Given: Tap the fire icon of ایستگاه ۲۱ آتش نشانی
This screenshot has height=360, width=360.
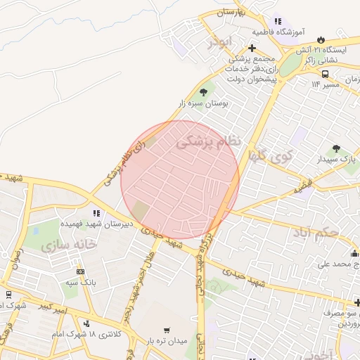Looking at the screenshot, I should tap(322, 39).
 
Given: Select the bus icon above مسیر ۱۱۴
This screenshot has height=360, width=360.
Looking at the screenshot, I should tap(325, 73).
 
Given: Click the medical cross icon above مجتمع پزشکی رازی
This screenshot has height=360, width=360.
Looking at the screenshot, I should tap(252, 49).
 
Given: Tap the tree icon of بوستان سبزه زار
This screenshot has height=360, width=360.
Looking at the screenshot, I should tap(204, 92).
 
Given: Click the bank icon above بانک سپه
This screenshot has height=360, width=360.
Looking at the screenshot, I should tap(80, 271).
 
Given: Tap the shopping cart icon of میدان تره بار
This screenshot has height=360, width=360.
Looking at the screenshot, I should tap(166, 330).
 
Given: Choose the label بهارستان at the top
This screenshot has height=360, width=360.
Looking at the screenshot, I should tap(228, 13).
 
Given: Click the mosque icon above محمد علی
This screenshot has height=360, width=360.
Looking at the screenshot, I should tap(354, 253).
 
